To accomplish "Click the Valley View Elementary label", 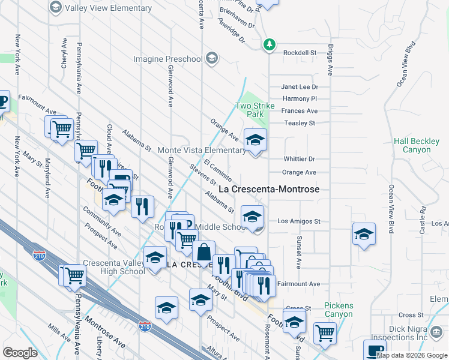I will [108, 8].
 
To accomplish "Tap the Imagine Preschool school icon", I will [211, 59].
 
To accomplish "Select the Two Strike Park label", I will [255, 110].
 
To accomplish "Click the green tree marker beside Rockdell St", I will [270, 44].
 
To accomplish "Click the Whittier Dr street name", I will [299, 159].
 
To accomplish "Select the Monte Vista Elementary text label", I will [201, 150].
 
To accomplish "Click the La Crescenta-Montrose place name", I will [268, 189].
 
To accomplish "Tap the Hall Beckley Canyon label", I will [417, 145].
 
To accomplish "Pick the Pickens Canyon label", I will [339, 310].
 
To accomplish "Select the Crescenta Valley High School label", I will [114, 267].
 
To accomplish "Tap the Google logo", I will [20, 352].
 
